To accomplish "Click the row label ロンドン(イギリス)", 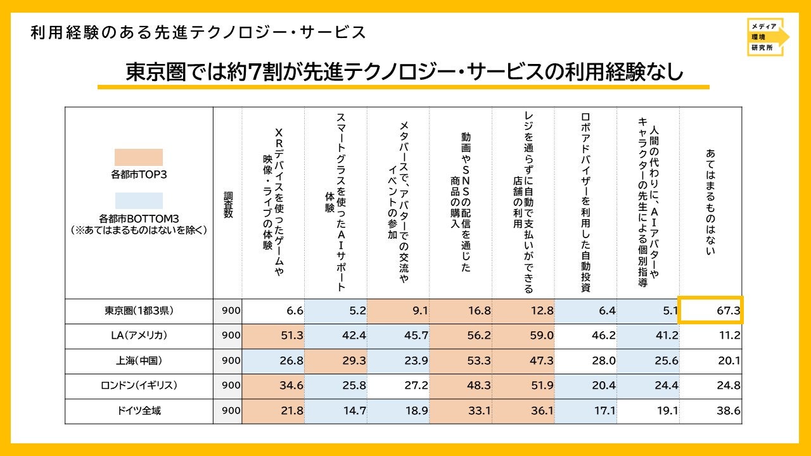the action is [139, 386].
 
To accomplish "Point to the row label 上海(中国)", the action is [139, 360].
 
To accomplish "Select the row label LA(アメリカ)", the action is [139, 336].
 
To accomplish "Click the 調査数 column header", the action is [228, 205].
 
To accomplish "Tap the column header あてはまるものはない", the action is [710, 202].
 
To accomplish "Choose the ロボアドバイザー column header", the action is [585, 203].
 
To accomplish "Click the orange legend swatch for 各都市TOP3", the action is [139, 158].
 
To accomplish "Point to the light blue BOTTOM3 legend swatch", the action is [139, 201].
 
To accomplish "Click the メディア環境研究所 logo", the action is [767, 37].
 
